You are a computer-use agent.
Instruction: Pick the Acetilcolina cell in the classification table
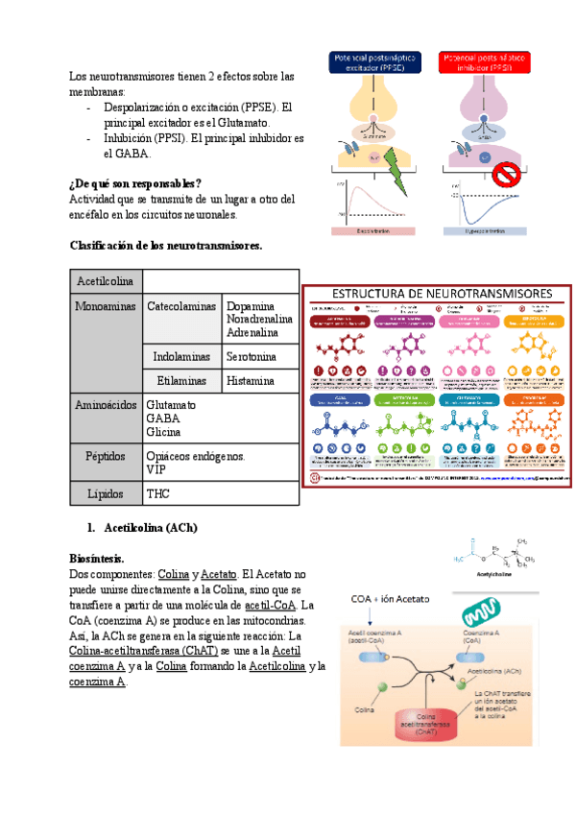(x=106, y=281)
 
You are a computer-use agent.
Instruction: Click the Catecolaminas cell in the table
(x=181, y=306)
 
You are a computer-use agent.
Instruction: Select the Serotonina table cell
(x=251, y=356)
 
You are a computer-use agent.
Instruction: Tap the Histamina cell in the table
(x=250, y=380)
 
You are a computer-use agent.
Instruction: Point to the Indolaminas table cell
(x=182, y=356)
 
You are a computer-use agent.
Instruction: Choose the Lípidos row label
(x=106, y=493)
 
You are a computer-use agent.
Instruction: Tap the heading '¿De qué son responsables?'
(x=135, y=183)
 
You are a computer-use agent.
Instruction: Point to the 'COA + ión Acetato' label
(x=392, y=598)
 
